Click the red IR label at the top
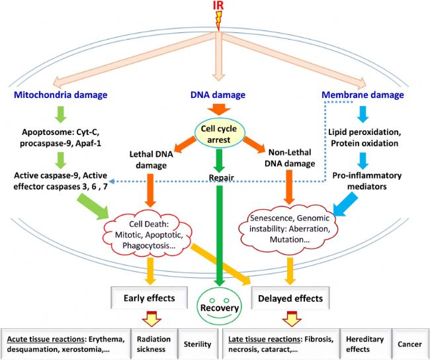218,5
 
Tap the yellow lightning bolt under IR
218,21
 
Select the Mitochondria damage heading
61,95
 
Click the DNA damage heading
218,95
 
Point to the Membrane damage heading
363,95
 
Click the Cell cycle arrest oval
218,134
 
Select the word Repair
222,177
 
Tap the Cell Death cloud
148,234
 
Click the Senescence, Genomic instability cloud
289,228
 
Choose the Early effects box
150,298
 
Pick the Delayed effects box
290,298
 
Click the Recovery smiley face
220,306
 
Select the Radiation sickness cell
154,344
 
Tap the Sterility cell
198,344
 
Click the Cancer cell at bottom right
410,344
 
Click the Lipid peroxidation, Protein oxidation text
365,138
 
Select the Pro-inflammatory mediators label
367,181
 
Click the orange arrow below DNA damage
219,109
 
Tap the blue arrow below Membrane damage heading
363,114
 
